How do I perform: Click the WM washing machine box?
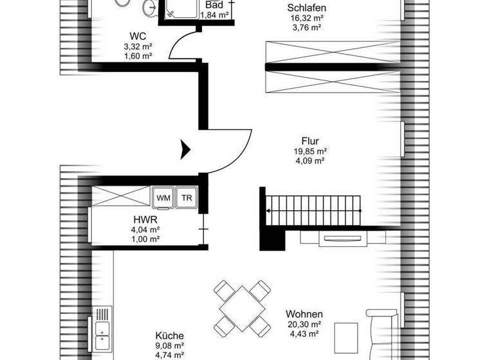163,199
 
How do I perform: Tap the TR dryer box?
187,199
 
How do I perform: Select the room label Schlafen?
306,8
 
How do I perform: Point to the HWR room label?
145,218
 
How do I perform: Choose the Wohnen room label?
304,314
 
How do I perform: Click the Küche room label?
170,336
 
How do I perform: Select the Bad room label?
214,4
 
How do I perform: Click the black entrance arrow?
185,149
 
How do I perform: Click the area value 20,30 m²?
304,325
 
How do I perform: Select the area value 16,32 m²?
306,18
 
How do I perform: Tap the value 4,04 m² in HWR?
145,228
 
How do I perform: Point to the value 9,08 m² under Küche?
170,346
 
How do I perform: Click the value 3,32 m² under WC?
136,47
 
